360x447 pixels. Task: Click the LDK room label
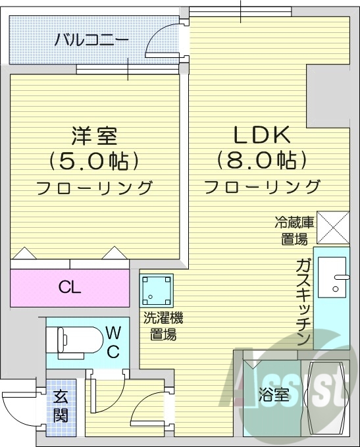(x=262, y=135)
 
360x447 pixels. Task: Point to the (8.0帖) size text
(x=262, y=160)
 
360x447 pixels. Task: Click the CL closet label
(x=69, y=287)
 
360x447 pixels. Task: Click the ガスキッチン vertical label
(x=303, y=303)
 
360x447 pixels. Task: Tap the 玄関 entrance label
(x=61, y=406)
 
